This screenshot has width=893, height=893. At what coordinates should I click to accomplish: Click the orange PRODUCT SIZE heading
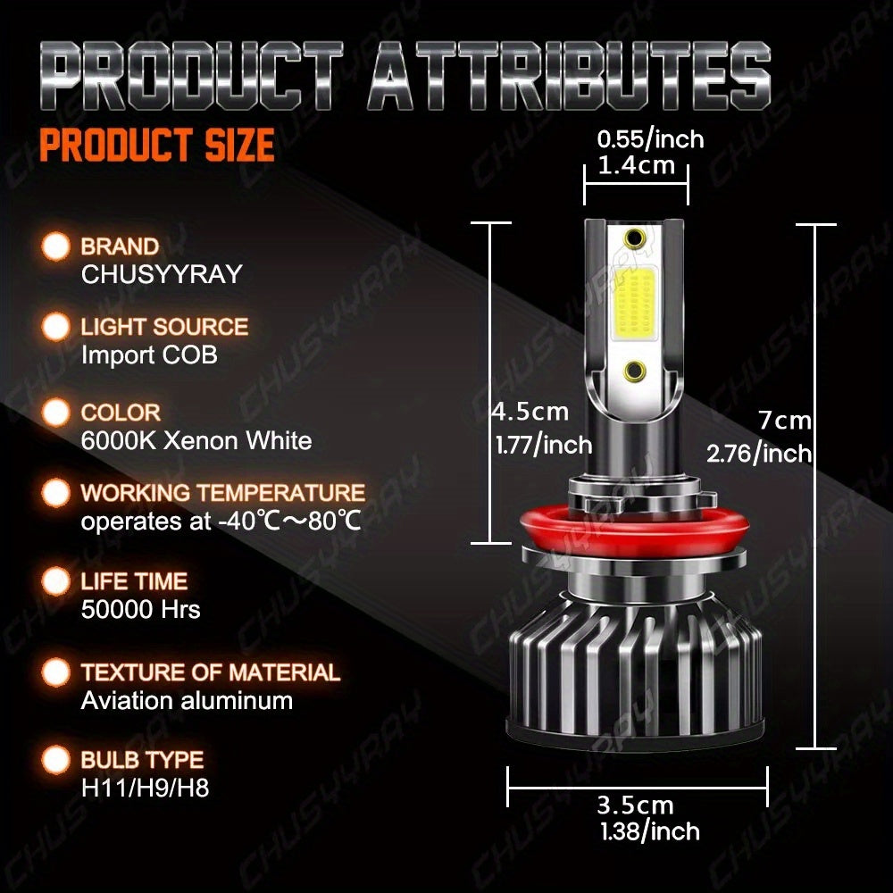(157, 146)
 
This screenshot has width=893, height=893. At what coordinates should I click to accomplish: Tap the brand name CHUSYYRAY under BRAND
(162, 274)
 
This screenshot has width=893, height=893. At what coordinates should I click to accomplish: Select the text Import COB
(149, 355)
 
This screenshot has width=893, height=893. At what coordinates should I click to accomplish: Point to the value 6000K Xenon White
(196, 440)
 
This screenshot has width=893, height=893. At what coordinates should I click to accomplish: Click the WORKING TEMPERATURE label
(223, 493)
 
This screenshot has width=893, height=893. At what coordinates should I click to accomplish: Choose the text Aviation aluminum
(187, 700)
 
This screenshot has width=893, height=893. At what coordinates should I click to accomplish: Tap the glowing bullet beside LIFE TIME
(56, 581)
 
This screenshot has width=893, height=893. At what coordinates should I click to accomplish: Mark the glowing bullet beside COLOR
(56, 413)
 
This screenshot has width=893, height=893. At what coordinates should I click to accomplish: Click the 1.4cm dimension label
(637, 165)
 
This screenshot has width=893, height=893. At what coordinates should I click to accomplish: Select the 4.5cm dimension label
(530, 412)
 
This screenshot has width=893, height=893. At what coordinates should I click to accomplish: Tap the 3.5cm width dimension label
(636, 805)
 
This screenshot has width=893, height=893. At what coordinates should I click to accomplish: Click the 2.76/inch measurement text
(759, 453)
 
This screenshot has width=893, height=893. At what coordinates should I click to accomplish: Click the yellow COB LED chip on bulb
(636, 303)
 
